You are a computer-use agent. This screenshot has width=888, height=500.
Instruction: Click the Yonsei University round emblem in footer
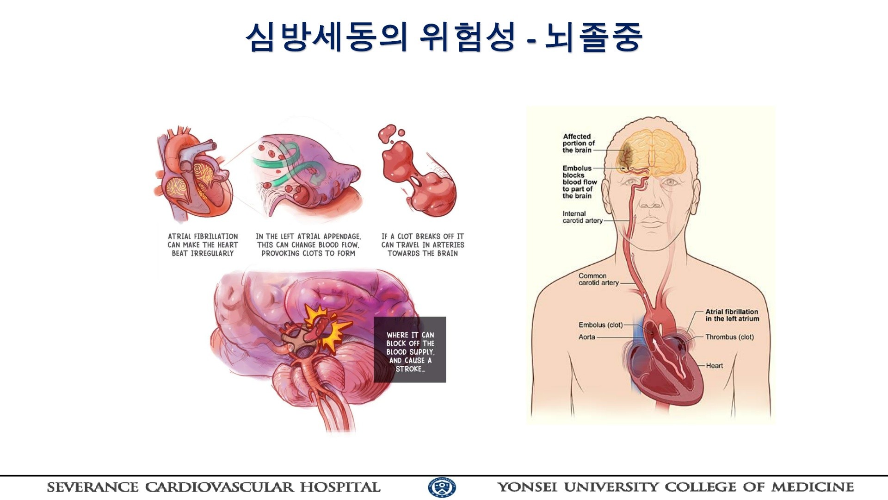click(x=442, y=487)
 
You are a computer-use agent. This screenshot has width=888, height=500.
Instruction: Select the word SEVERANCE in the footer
click(x=92, y=487)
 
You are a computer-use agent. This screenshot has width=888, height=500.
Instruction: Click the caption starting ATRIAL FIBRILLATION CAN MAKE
click(x=203, y=245)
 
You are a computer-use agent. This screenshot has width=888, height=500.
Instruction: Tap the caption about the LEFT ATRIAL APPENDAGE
click(x=308, y=245)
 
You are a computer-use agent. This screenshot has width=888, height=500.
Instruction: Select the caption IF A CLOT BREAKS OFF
click(x=423, y=245)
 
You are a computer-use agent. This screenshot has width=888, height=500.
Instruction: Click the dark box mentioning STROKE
click(x=410, y=350)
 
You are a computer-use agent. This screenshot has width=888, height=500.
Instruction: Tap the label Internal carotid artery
click(x=582, y=217)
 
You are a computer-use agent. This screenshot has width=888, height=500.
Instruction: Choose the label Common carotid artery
click(x=598, y=279)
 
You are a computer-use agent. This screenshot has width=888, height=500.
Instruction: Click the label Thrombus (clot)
click(x=729, y=337)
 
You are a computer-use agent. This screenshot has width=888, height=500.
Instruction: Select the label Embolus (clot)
click(x=600, y=325)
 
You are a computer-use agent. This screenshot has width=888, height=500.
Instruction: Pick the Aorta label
click(x=586, y=337)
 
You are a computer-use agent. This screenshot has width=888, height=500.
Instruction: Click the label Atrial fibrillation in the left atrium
click(x=732, y=315)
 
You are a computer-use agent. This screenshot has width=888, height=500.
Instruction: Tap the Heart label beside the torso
click(x=714, y=366)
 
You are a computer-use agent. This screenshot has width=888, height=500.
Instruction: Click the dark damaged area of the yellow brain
click(x=627, y=153)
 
